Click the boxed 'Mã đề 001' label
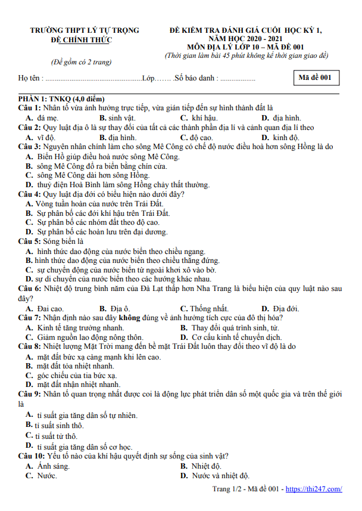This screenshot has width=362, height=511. coord(317,78)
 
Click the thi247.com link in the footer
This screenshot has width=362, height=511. coord(314,489)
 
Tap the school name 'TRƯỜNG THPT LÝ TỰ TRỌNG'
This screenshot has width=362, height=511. coord(85,30)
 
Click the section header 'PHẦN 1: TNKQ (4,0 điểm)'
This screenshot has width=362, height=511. coord(61,98)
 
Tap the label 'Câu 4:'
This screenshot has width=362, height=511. coord(30,194)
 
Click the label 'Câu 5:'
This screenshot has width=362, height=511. coord(30,241)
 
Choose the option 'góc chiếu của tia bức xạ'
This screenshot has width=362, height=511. coord(76,375)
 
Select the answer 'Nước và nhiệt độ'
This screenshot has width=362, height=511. coord(220,475)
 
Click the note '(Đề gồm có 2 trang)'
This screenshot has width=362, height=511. coord(81,62)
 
